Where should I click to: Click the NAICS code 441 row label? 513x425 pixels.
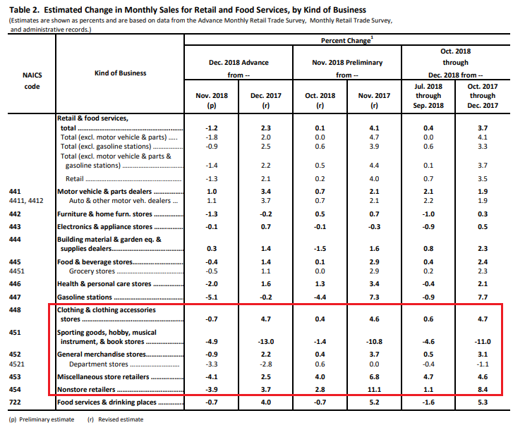(14, 191)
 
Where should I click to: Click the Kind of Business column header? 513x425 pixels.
(120, 73)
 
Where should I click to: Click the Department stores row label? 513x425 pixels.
(99, 364)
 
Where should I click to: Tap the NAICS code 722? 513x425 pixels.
(14, 402)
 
